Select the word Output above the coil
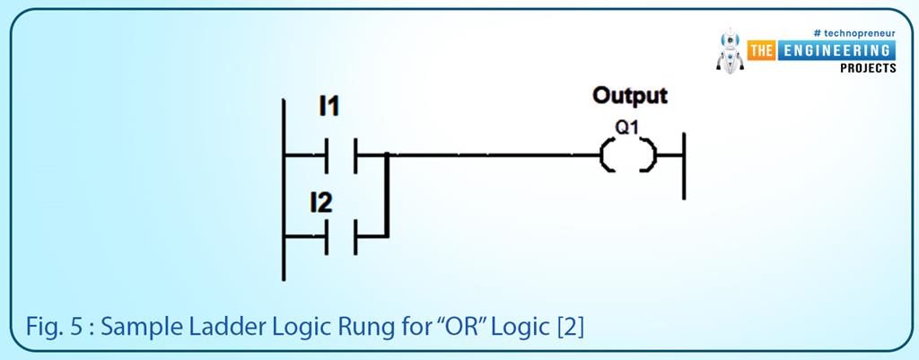630,95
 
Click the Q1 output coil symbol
627,156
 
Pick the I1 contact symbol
342,155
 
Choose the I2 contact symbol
342,237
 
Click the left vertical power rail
284,189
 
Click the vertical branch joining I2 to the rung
387,196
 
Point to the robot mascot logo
732,52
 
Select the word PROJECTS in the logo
868,68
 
